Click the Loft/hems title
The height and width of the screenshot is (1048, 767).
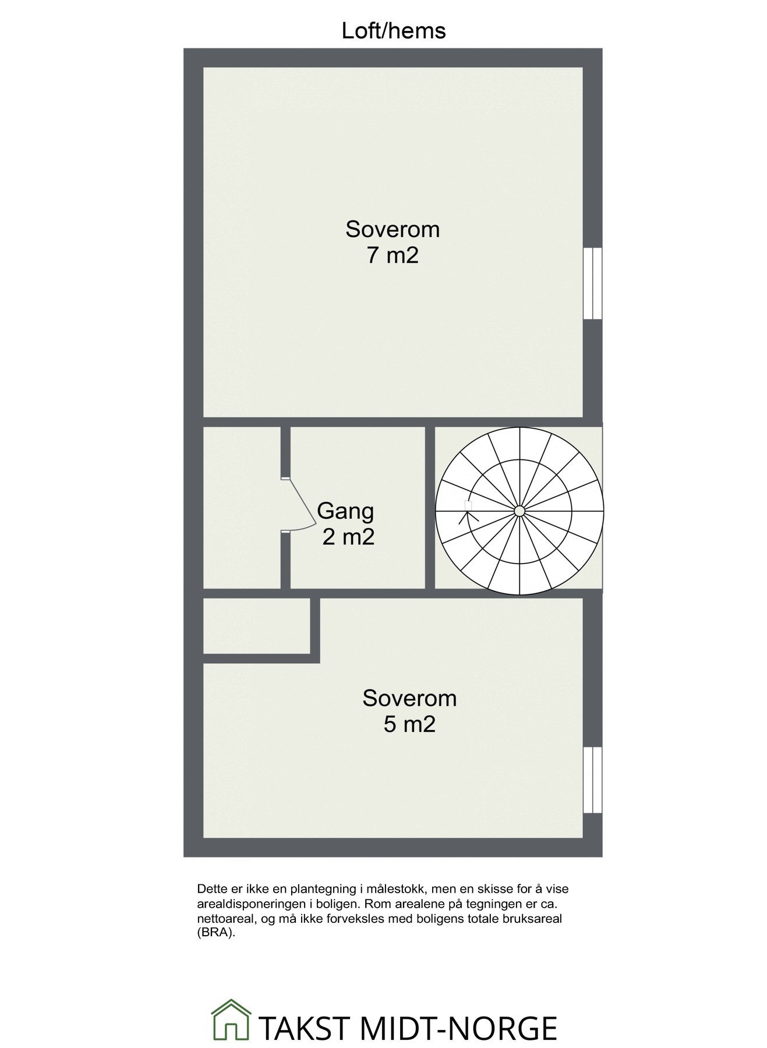pyautogui.click(x=393, y=30)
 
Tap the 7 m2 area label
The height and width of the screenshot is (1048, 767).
pyautogui.click(x=393, y=256)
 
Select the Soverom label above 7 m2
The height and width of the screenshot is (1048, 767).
pyautogui.click(x=393, y=229)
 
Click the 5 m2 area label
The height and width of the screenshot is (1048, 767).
pyautogui.click(x=409, y=724)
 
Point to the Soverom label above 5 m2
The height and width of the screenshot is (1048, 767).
pyautogui.click(x=409, y=698)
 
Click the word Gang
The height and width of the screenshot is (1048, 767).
pyautogui.click(x=345, y=511)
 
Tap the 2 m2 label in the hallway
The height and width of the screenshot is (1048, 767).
pyautogui.click(x=348, y=537)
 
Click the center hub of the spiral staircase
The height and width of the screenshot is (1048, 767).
pyautogui.click(x=519, y=511)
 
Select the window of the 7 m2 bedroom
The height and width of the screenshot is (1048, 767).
pyautogui.click(x=592, y=284)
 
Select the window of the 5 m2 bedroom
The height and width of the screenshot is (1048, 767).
pyautogui.click(x=592, y=779)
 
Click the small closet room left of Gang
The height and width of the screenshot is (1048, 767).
pyautogui.click(x=242, y=508)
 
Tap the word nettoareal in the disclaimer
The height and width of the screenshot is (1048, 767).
pyautogui.click(x=224, y=918)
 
